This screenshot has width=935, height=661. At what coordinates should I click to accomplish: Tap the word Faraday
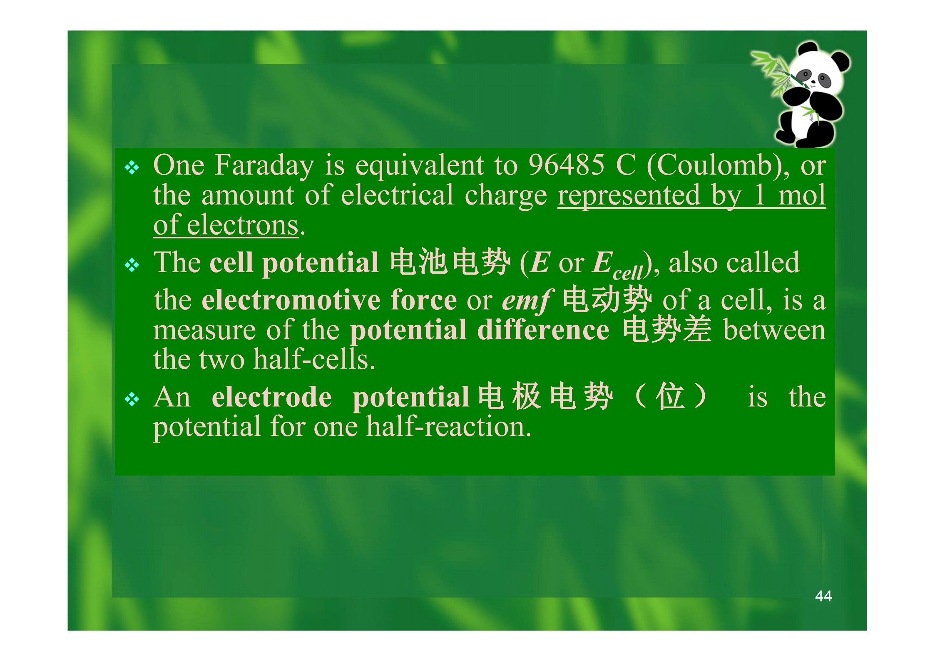click(264, 166)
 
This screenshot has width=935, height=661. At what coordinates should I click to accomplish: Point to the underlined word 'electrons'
click(243, 225)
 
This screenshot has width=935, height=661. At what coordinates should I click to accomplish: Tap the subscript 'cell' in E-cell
click(629, 273)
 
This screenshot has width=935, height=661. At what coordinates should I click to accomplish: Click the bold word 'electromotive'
click(291, 300)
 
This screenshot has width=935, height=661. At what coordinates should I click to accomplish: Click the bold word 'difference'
click(543, 330)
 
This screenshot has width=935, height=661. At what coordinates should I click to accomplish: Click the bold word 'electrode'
click(271, 397)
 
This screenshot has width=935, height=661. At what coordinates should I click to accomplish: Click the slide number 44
click(823, 596)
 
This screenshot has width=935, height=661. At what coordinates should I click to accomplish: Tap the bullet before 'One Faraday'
click(132, 168)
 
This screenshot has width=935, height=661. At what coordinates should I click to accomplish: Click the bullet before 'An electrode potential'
click(132, 399)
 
